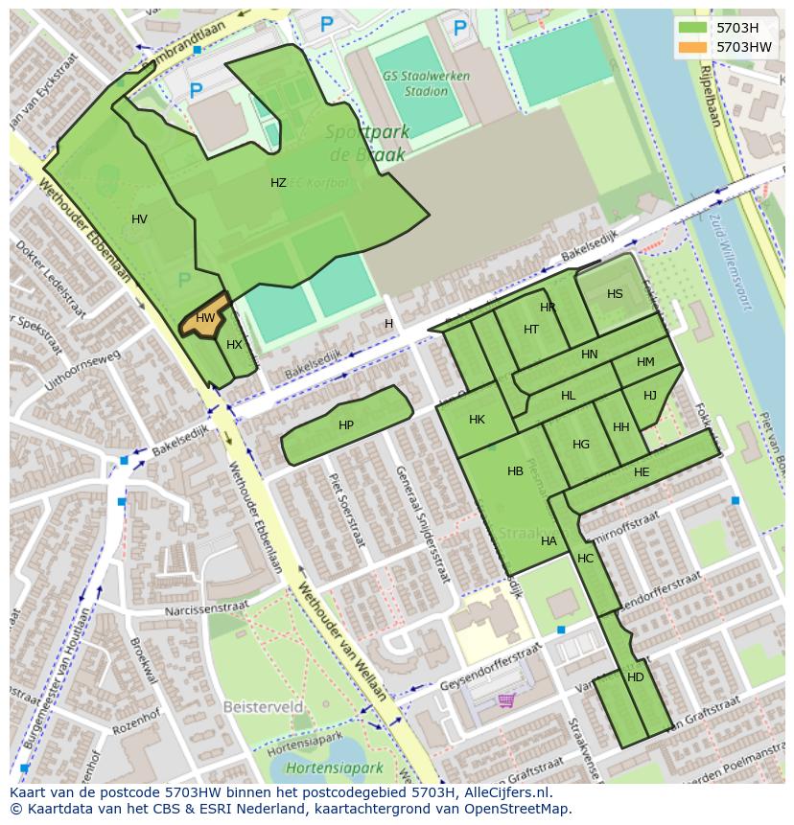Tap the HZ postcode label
click(278, 183)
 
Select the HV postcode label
click(139, 219)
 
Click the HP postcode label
click(346, 425)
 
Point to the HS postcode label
click(615, 294)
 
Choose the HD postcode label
click(636, 676)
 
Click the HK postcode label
click(477, 420)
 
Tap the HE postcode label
click(642, 471)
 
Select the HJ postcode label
click(650, 396)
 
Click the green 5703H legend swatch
click(691, 28)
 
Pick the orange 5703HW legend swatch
click(691, 47)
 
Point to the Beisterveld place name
click(263, 707)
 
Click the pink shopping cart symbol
click(506, 699)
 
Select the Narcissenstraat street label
click(206, 607)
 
